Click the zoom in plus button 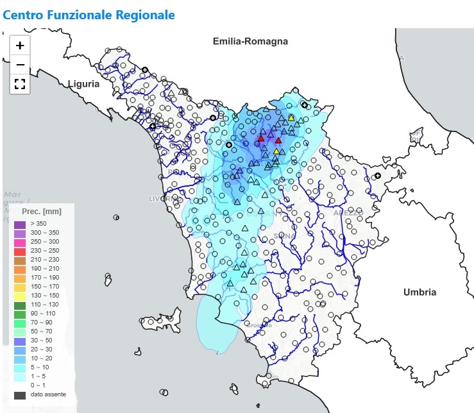20,46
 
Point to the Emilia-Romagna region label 250,41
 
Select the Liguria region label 84,83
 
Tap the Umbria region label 419,292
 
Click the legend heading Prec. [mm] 41,211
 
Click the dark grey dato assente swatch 20,394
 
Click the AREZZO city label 348,212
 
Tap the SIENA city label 285,235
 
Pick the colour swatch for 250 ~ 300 20,241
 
